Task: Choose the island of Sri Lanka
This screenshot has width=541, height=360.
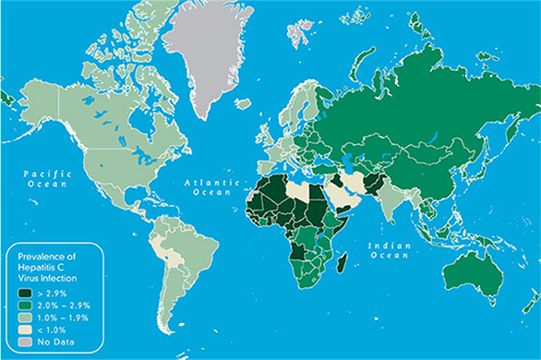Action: (x=398, y=223)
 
